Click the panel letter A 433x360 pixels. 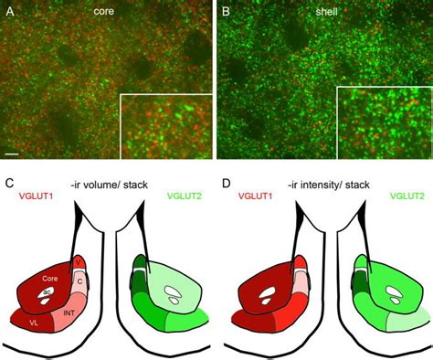(10, 12)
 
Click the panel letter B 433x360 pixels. (226, 12)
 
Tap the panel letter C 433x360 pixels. (10, 184)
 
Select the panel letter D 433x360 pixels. (227, 184)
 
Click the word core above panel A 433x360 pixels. (103, 11)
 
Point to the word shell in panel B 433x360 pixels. (326, 12)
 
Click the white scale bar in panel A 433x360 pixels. (12, 154)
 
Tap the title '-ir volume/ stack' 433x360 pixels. (108, 185)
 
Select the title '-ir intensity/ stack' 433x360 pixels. (329, 185)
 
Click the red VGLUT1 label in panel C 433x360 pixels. (36, 196)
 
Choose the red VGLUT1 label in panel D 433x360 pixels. (255, 196)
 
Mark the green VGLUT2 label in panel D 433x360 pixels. (407, 196)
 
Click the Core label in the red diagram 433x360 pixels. (50, 279)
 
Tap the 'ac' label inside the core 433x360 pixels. (47, 291)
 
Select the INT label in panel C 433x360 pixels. (69, 312)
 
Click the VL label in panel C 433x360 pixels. (34, 323)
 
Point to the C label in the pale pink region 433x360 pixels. (79, 281)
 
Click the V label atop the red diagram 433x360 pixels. (79, 262)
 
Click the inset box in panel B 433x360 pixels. (385, 122)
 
